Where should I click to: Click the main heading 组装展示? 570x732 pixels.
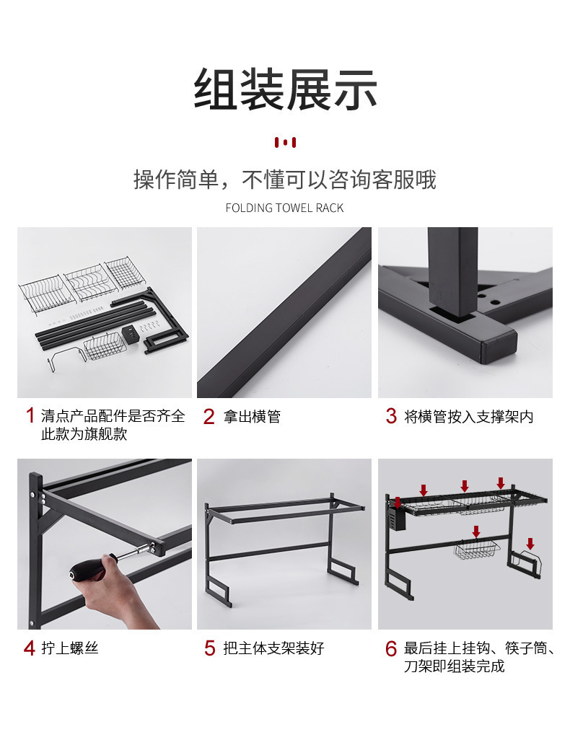(285, 89)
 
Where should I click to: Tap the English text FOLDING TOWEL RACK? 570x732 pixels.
(284, 208)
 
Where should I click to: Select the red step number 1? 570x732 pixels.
(30, 415)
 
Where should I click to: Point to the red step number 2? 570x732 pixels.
(209, 416)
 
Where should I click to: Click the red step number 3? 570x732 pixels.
(391, 416)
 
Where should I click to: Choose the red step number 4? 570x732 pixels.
(30, 648)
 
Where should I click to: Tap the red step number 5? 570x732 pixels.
(210, 648)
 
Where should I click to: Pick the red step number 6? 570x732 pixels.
(391, 648)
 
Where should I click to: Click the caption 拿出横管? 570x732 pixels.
(252, 416)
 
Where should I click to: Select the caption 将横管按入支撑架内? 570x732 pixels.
(468, 416)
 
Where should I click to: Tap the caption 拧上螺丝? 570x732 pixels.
(70, 648)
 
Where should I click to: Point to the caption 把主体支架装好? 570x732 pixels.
(273, 648)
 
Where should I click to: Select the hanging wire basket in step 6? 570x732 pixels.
(476, 550)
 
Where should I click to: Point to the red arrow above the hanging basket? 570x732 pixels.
(476, 532)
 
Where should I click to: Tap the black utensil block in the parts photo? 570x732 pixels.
(131, 335)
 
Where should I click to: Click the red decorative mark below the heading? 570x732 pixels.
(285, 142)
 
